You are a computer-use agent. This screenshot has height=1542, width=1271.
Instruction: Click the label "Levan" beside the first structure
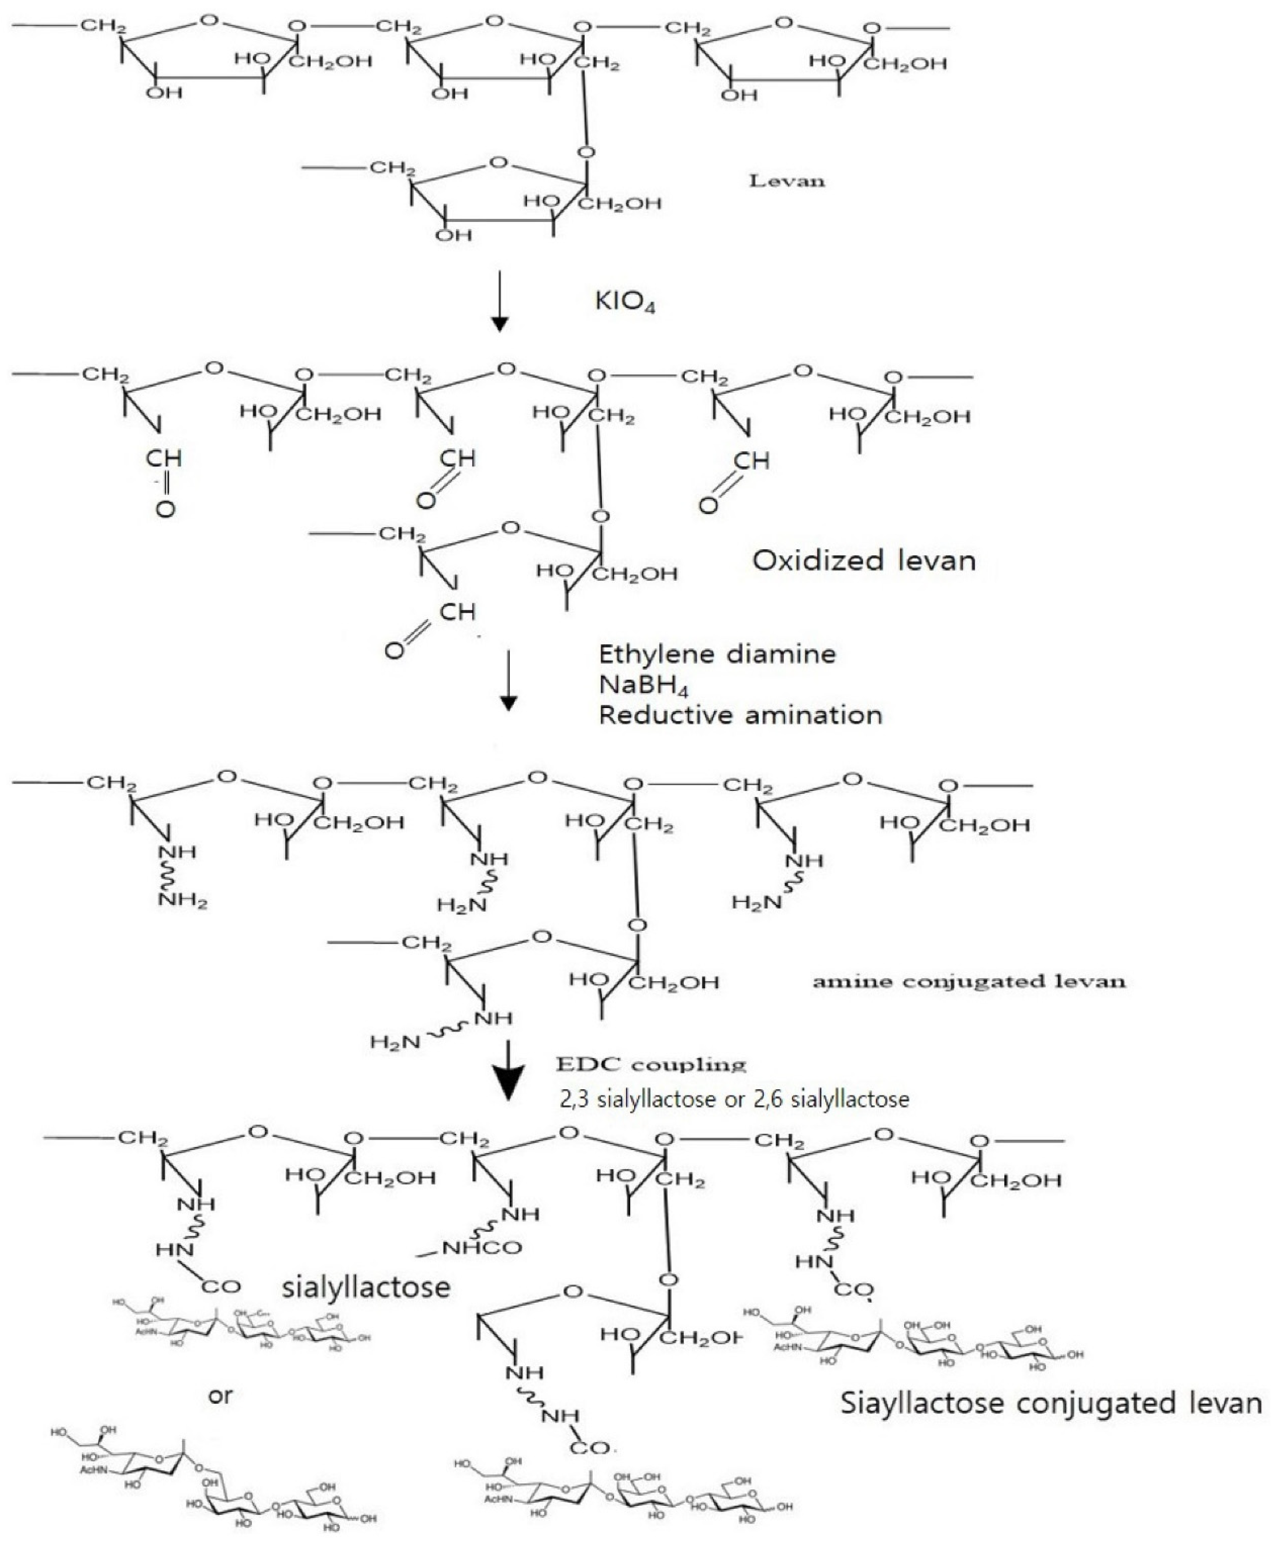pyautogui.click(x=787, y=181)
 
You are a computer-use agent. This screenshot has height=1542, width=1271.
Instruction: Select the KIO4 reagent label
pyautogui.click(x=625, y=302)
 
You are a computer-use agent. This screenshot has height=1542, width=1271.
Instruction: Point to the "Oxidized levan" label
pyautogui.click(x=864, y=561)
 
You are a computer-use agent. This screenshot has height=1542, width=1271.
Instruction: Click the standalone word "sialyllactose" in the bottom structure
pyautogui.click(x=366, y=1286)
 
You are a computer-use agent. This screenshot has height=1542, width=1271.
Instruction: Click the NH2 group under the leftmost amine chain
pyautogui.click(x=183, y=901)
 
